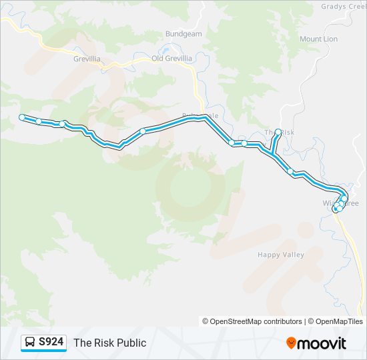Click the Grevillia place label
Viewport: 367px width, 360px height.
(x=87, y=58)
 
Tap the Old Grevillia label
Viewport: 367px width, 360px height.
(x=172, y=58)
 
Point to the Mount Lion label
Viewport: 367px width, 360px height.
(x=318, y=39)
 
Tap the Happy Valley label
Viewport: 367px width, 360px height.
(x=281, y=255)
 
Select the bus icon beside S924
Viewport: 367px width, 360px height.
(x=30, y=343)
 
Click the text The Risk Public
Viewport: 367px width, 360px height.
(x=109, y=343)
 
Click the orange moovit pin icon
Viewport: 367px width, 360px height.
(x=291, y=343)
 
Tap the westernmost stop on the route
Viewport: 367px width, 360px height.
(x=22, y=117)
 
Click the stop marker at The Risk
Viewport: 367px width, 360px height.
(x=278, y=132)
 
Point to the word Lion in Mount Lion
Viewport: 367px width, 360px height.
(x=330, y=39)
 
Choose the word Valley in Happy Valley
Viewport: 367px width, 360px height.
(x=293, y=255)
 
